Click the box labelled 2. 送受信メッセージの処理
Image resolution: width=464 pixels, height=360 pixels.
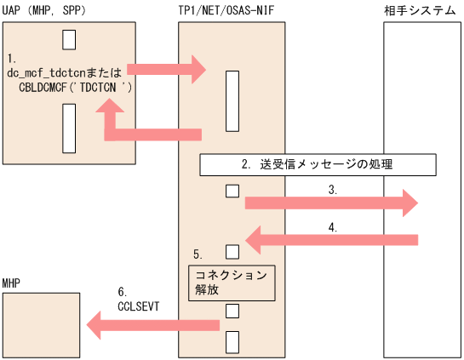point(317,164)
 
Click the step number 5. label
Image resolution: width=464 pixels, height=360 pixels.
point(198,254)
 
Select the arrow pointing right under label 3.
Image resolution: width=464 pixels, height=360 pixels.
point(331,203)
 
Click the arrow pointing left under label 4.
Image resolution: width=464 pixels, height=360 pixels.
point(331,240)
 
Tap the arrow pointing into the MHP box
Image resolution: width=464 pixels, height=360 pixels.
point(154,323)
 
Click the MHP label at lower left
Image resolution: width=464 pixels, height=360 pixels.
point(12,282)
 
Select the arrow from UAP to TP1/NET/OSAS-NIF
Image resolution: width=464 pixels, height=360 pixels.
point(166,66)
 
